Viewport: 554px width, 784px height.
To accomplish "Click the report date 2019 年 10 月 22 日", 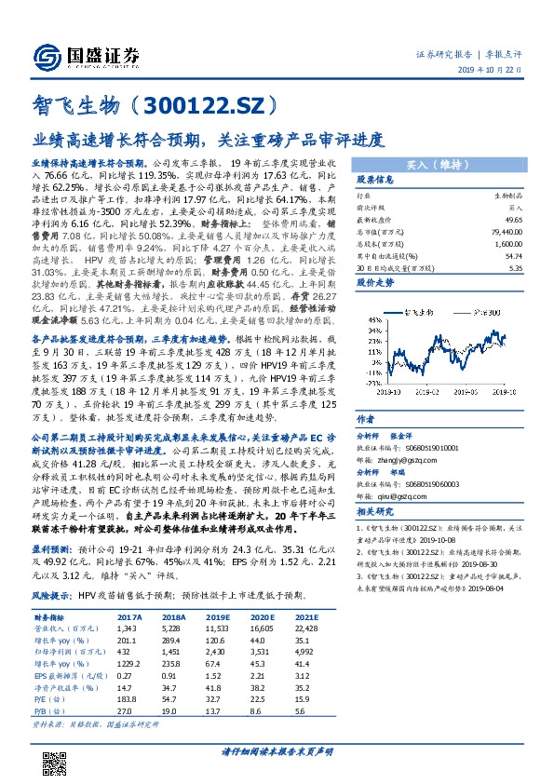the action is pyautogui.click(x=499, y=72).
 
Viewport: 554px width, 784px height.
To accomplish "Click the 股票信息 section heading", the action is pyautogui.click(x=376, y=181).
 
